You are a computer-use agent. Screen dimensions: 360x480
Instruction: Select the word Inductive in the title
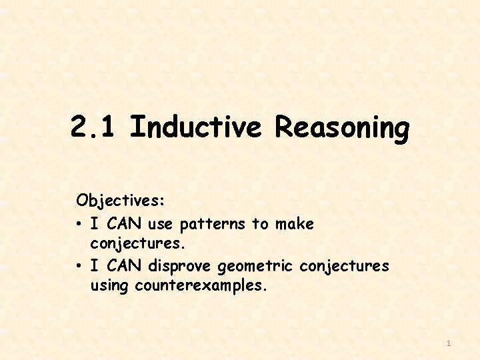pos(196,127)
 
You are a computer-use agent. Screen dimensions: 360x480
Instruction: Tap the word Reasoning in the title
pos(341,128)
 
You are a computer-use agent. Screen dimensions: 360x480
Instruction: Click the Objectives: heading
pos(121,200)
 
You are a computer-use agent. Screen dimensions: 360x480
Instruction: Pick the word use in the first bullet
pos(160,223)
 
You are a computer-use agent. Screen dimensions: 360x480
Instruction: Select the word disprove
pos(180,267)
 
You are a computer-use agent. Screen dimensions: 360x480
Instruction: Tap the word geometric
pos(255,267)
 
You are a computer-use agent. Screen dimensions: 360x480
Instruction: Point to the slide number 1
pos(449,343)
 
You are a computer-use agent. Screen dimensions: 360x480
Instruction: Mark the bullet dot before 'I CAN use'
pos(79,224)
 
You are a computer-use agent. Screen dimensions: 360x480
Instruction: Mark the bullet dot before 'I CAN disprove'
pos(79,267)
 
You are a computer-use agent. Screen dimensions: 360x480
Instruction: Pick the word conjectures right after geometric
pos(344,267)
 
